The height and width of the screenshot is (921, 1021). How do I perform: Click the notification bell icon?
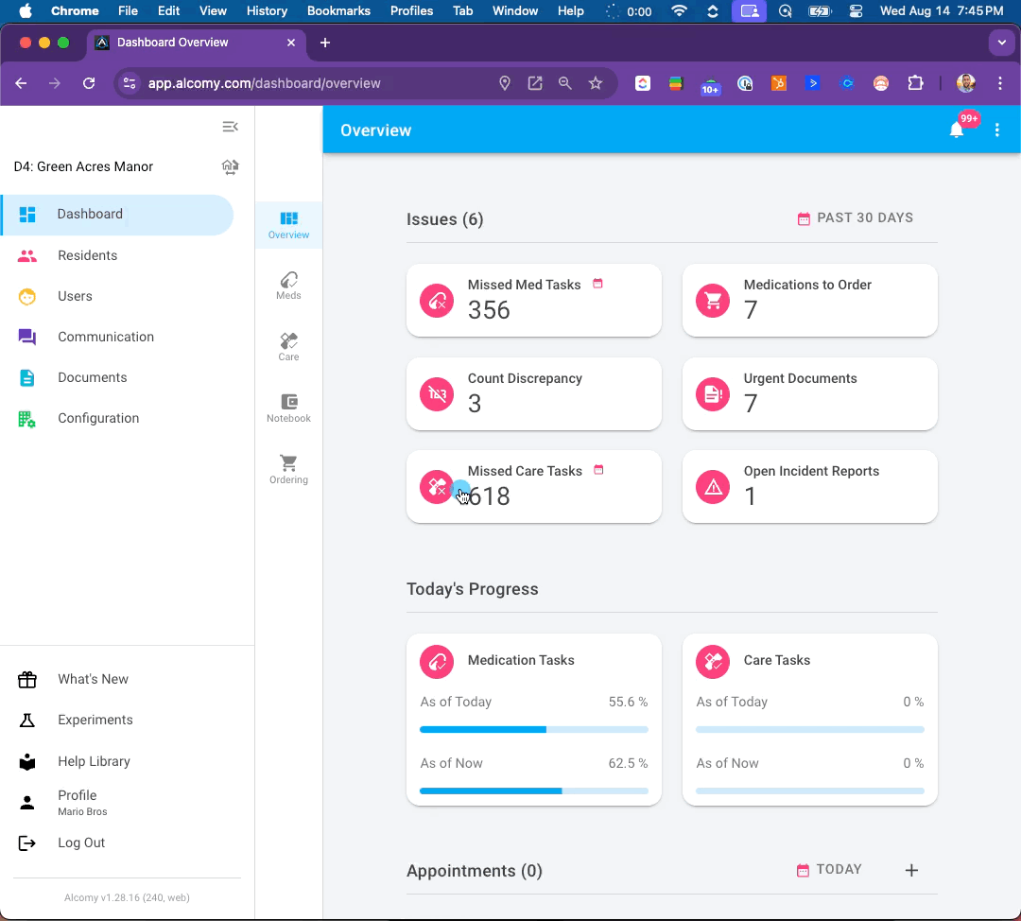[x=956, y=130]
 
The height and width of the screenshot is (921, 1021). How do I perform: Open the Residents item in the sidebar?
[x=87, y=255]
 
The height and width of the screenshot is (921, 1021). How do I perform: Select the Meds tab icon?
[x=288, y=280]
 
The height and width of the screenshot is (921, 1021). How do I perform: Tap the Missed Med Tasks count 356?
[x=489, y=310]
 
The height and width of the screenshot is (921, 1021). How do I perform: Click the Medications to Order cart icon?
[x=713, y=301]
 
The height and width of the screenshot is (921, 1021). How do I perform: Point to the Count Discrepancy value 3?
[x=474, y=404]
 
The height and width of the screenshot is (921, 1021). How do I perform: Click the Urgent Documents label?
[x=801, y=378]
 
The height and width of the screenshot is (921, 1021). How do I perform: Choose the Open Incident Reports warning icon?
[x=713, y=487]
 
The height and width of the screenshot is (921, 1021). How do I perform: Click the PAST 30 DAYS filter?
[x=855, y=218]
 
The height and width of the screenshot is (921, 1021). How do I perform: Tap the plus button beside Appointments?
[x=911, y=870]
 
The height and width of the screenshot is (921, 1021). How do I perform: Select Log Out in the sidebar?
[x=81, y=843]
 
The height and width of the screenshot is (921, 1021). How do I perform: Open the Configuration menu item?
[x=98, y=418]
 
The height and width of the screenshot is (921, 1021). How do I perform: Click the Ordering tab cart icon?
[x=288, y=462]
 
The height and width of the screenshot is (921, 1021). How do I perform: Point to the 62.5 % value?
[x=628, y=763]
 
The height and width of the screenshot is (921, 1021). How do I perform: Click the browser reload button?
[x=89, y=83]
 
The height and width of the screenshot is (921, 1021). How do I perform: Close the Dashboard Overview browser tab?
[x=291, y=43]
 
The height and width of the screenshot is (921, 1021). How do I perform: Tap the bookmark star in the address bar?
[x=596, y=83]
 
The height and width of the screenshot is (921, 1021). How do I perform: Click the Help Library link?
[x=94, y=761]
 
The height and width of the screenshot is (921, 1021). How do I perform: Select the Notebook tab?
[x=288, y=408]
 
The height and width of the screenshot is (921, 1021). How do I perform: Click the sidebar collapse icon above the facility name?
[x=230, y=127]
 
